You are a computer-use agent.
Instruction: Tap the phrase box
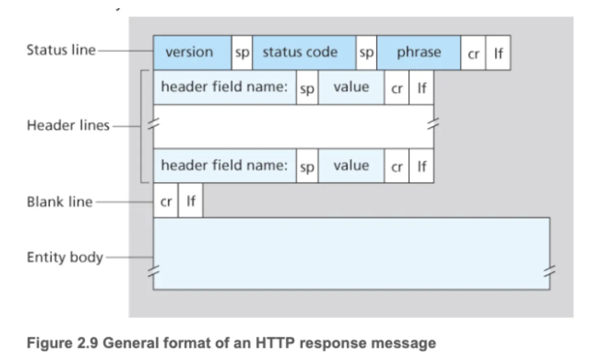[419, 53]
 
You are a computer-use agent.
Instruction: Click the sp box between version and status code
[242, 53]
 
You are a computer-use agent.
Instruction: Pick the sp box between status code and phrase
[366, 53]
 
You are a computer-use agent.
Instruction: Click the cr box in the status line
[473, 53]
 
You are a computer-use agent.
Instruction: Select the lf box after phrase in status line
[498, 53]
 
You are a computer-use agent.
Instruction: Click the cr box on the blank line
[166, 202]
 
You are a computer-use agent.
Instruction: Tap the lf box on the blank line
[191, 202]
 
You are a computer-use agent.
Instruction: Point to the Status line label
[61, 49]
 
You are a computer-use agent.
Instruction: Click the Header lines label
[68, 125]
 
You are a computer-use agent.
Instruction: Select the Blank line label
[60, 202]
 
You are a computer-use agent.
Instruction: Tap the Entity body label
[65, 258]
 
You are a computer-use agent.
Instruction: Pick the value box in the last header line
[351, 166]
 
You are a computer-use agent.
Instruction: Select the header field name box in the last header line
[224, 166]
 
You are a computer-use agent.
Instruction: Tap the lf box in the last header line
[421, 167]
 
